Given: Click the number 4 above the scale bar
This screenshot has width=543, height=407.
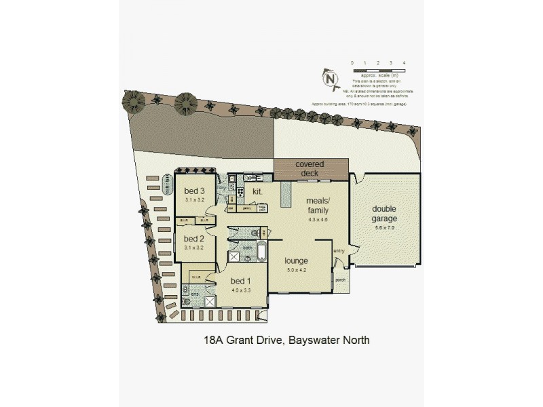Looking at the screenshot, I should (405, 63).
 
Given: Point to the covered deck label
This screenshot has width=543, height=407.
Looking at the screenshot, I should (310, 168).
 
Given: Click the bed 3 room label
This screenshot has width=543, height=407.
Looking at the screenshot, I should (194, 192).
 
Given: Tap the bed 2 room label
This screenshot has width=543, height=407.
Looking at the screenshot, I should (194, 239).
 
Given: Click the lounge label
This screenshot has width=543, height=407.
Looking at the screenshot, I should (297, 260).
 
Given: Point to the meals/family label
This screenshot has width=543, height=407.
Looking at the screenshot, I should (318, 206).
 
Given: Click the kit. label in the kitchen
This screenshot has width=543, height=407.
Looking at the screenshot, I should (258, 193).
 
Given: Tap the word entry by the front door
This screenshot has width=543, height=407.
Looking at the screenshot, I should (339, 252).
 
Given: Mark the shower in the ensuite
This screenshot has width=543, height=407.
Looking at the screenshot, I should (211, 302).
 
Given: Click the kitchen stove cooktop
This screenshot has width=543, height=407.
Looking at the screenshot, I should (240, 193).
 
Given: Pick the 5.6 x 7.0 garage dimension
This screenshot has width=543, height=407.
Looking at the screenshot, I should (384, 228).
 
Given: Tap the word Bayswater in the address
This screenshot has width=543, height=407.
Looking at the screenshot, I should (308, 340).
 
